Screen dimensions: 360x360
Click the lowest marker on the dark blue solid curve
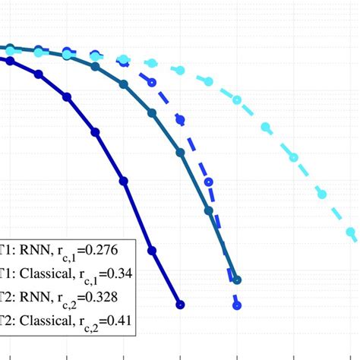(x=180, y=305)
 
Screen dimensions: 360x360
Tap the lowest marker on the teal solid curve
(x=237, y=279)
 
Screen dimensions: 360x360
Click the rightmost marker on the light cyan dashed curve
(x=351, y=232)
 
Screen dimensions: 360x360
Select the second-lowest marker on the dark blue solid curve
(x=152, y=250)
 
